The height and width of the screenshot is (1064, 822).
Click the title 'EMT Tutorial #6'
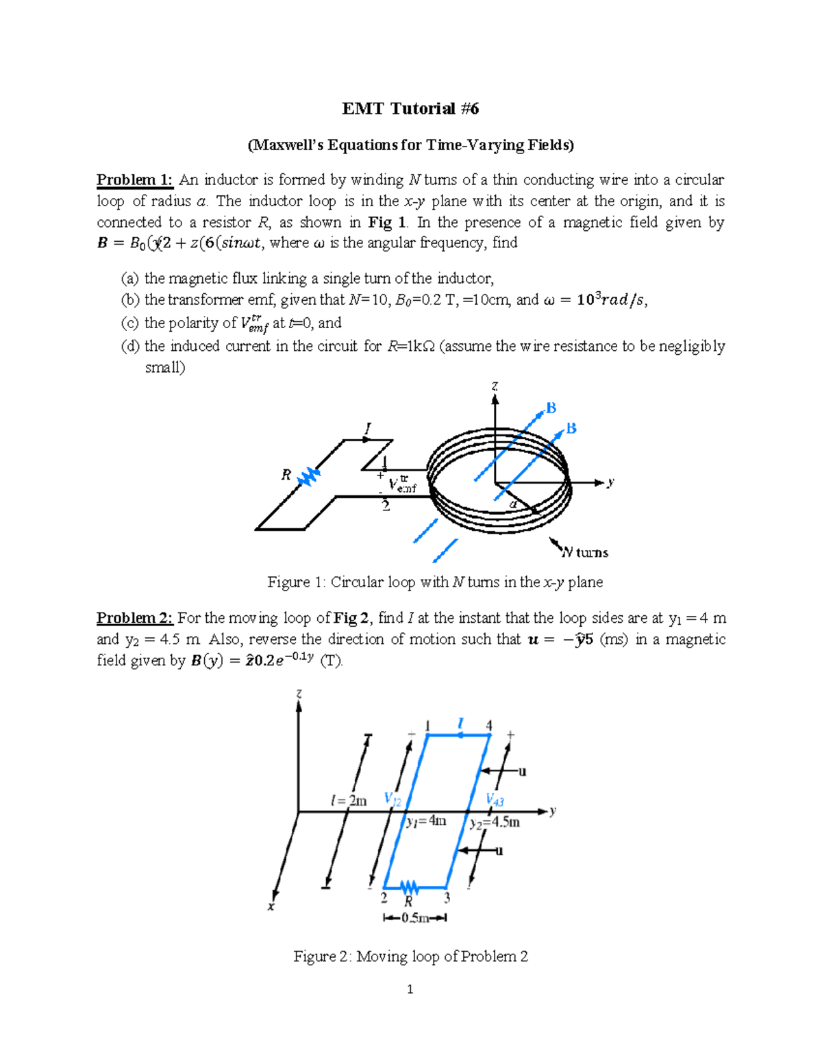410,109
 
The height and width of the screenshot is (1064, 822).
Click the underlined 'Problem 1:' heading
135,180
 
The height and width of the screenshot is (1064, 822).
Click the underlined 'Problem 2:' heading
135,618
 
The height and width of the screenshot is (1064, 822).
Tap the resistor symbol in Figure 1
309,476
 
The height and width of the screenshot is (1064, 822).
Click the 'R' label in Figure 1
286,475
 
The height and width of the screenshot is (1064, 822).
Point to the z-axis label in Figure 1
495,386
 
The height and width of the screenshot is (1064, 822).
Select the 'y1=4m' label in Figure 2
425,821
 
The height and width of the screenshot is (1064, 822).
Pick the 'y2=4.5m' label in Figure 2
495,823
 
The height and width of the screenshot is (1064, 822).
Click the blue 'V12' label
393,799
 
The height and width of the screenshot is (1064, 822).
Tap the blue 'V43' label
495,800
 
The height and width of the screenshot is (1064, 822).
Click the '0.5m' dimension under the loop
415,918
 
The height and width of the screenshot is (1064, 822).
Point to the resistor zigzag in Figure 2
410,889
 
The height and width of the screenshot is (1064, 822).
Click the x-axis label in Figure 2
271,907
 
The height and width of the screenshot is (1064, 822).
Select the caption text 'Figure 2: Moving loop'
410,956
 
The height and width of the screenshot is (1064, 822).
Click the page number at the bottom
410,989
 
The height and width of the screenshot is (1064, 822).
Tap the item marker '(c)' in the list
129,323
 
